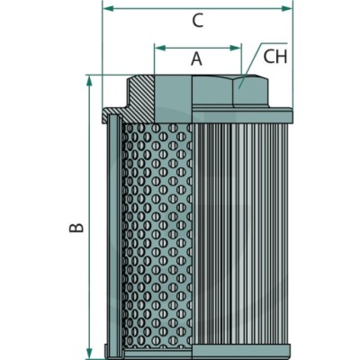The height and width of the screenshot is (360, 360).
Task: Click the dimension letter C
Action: point(198,21)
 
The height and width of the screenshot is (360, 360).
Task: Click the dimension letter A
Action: point(197,58)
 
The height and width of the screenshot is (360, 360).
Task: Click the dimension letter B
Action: point(76,228)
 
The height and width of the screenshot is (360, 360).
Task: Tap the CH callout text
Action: point(275,57)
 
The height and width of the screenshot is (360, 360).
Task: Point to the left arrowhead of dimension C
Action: point(109,9)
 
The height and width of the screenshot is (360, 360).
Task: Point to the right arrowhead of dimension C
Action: point(286,9)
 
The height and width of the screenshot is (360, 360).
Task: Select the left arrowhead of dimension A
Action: point(160,48)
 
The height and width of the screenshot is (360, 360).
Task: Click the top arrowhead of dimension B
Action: point(89,81)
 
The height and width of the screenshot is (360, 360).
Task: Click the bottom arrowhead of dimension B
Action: point(89,352)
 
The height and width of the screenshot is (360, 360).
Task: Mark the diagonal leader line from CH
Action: point(250,66)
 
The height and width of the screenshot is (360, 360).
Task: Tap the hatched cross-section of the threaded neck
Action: point(142,98)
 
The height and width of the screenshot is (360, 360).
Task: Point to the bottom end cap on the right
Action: point(242,351)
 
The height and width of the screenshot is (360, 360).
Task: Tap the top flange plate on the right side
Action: point(242,115)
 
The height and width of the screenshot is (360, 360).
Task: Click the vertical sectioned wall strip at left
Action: point(114,236)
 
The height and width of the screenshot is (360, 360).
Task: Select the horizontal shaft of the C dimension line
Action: point(197,9)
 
